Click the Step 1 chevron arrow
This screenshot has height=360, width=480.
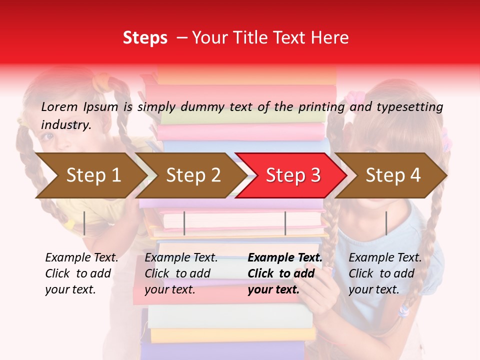(x=93, y=175)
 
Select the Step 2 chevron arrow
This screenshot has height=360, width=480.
(x=193, y=175)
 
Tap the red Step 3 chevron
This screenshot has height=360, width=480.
(x=292, y=175)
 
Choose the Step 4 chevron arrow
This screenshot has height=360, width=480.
(x=393, y=175)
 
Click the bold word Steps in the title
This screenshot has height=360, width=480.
(x=145, y=37)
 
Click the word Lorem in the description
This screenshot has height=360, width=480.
(x=59, y=106)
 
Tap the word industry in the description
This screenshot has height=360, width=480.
(x=66, y=124)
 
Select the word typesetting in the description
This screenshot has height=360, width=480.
(x=409, y=106)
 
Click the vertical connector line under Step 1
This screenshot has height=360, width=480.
(x=84, y=223)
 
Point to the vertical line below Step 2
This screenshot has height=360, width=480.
(x=184, y=223)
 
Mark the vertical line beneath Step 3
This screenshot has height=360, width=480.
(x=285, y=223)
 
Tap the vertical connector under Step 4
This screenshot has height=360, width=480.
(x=386, y=223)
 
